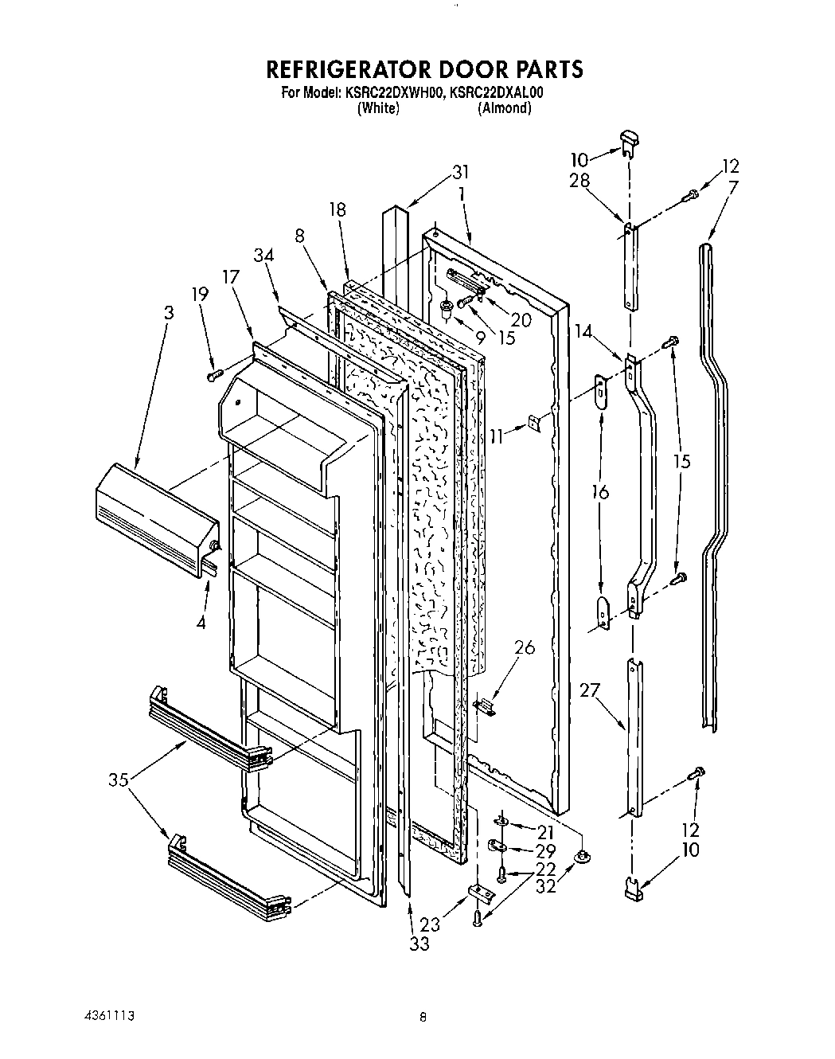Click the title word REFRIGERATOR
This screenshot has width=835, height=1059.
[355, 69]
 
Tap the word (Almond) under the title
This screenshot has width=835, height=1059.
[504, 108]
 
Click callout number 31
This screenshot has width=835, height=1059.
[461, 172]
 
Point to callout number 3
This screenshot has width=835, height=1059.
[168, 313]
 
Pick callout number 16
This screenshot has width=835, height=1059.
[601, 493]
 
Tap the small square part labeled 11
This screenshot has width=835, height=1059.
[537, 424]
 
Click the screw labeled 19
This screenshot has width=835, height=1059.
[213, 373]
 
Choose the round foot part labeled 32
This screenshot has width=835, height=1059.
[582, 856]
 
